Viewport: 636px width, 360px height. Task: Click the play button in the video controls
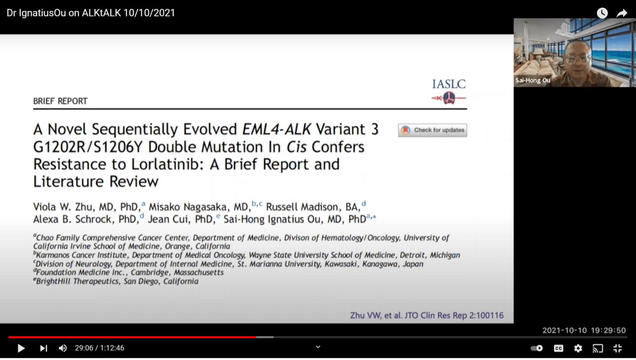click(x=21, y=348)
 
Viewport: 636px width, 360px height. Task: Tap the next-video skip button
click(x=44, y=348)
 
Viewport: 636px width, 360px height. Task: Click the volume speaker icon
click(x=63, y=348)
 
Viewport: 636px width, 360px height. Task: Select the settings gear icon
click(x=578, y=348)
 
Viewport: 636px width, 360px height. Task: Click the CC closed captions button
click(x=559, y=348)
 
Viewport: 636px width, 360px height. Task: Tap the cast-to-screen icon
click(x=598, y=348)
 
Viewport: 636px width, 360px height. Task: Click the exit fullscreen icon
click(x=618, y=348)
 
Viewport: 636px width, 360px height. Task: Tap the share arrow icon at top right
click(x=622, y=13)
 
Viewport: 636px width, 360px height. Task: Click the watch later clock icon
click(x=602, y=13)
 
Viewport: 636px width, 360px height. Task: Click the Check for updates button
click(x=432, y=130)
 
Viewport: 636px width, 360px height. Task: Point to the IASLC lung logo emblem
click(x=449, y=98)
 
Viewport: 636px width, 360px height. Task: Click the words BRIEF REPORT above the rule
click(x=60, y=101)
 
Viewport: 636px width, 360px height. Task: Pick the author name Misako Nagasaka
click(x=198, y=207)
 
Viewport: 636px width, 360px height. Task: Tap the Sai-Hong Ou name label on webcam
click(x=533, y=81)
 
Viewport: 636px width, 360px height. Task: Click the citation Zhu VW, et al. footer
click(x=427, y=316)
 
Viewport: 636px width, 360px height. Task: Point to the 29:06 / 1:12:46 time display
click(x=99, y=348)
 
